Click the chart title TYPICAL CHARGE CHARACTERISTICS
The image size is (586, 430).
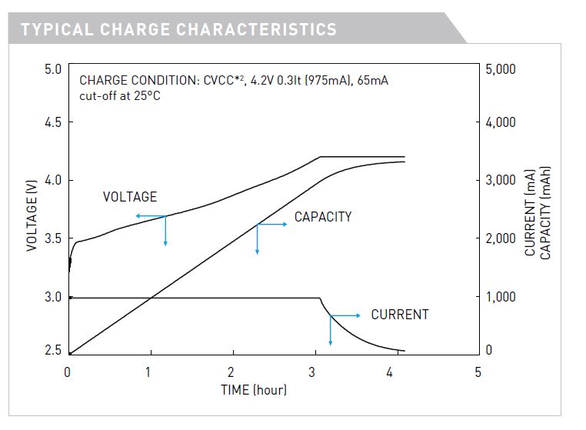[x=178, y=30]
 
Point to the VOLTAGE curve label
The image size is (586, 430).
[x=130, y=198]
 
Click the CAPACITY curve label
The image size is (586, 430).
[x=323, y=217]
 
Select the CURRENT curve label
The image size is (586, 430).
[x=400, y=315]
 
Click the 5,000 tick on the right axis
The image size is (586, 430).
[x=501, y=69]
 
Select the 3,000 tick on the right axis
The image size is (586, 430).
[x=501, y=180]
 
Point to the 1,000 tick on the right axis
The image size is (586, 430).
[x=501, y=297]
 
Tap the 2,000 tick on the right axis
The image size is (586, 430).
[x=501, y=238]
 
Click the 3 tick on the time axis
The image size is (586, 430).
[x=312, y=372]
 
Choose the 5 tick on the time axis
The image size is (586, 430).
[x=478, y=372]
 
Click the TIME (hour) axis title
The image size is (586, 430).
[x=254, y=390]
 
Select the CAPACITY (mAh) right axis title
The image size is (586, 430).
[x=546, y=211]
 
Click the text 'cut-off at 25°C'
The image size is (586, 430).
[x=120, y=96]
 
